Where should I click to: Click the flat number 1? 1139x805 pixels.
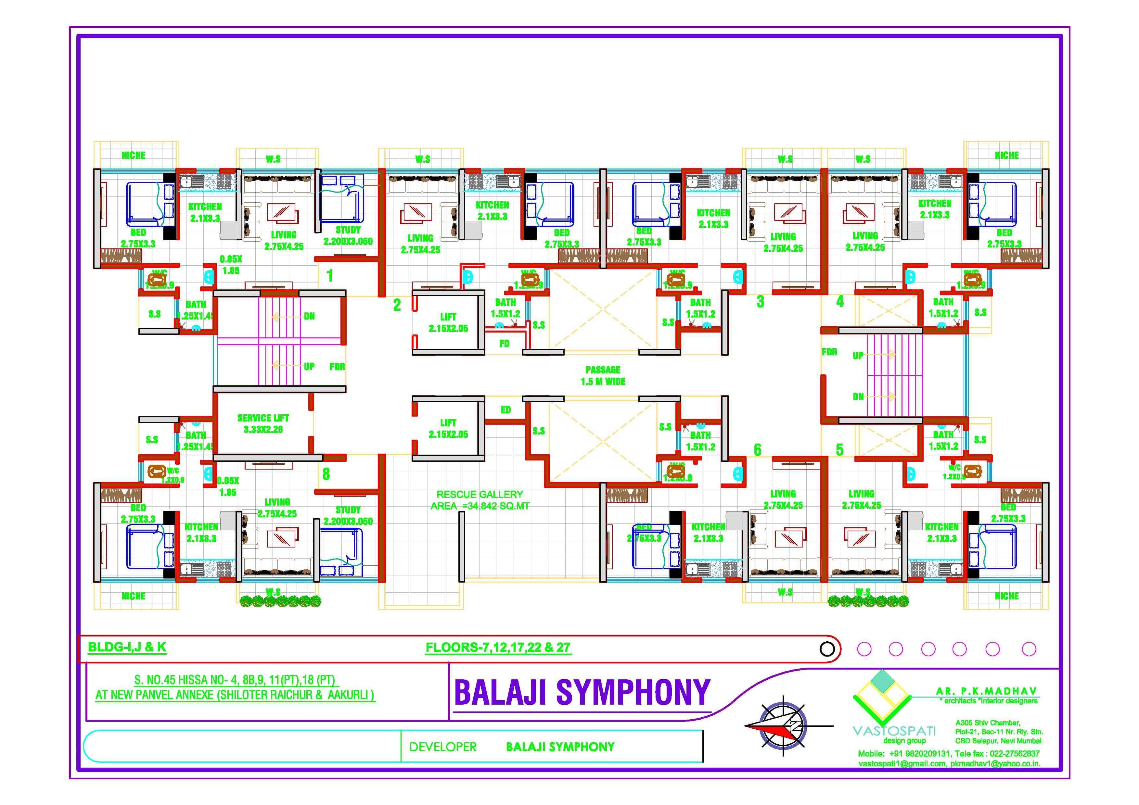tap(330, 276)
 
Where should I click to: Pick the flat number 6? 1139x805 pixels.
tap(757, 450)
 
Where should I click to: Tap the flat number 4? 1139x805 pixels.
tap(839, 301)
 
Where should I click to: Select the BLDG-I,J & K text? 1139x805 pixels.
tap(127, 647)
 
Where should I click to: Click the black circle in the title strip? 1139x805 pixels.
tap(827, 649)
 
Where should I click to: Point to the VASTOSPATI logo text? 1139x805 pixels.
tap(894, 731)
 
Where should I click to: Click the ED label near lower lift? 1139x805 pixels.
tap(506, 410)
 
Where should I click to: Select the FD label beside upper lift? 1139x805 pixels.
tap(504, 343)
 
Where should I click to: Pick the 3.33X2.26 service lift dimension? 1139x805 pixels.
tap(263, 430)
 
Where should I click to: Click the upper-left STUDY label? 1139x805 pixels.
tap(348, 230)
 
